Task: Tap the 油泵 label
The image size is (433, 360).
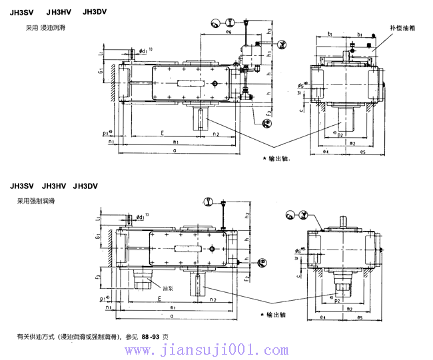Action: point(166,288)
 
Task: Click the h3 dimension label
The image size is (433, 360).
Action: point(268,31)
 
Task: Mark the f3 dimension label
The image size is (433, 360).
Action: point(97,275)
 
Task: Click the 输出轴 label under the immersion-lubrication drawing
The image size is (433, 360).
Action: point(276,159)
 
